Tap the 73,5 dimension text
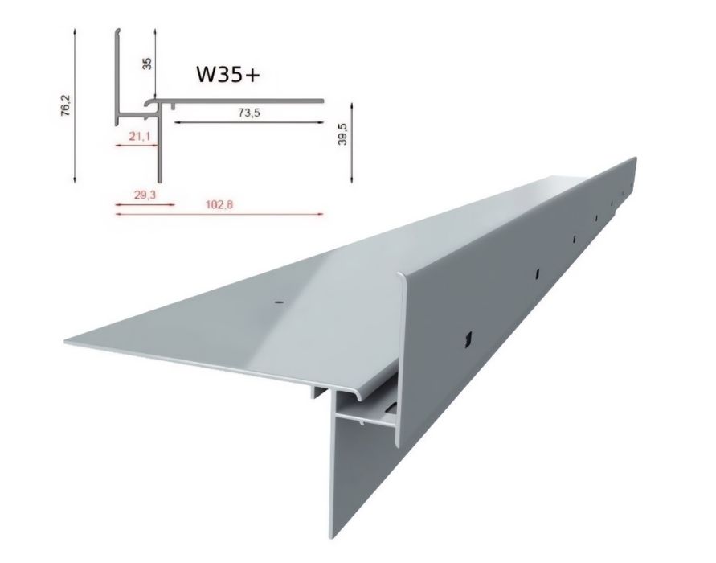coord(249,113)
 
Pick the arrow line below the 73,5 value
coord(249,122)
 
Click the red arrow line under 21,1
coord(138,146)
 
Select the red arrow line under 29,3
coord(145,204)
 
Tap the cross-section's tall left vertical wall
coord(113,76)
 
